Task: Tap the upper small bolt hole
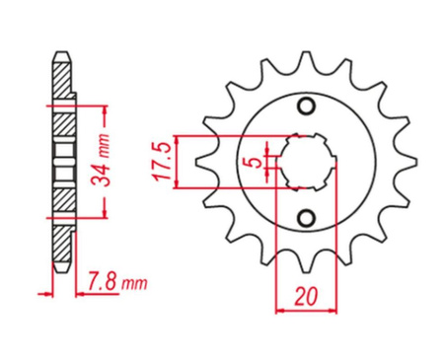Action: point(306,106)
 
